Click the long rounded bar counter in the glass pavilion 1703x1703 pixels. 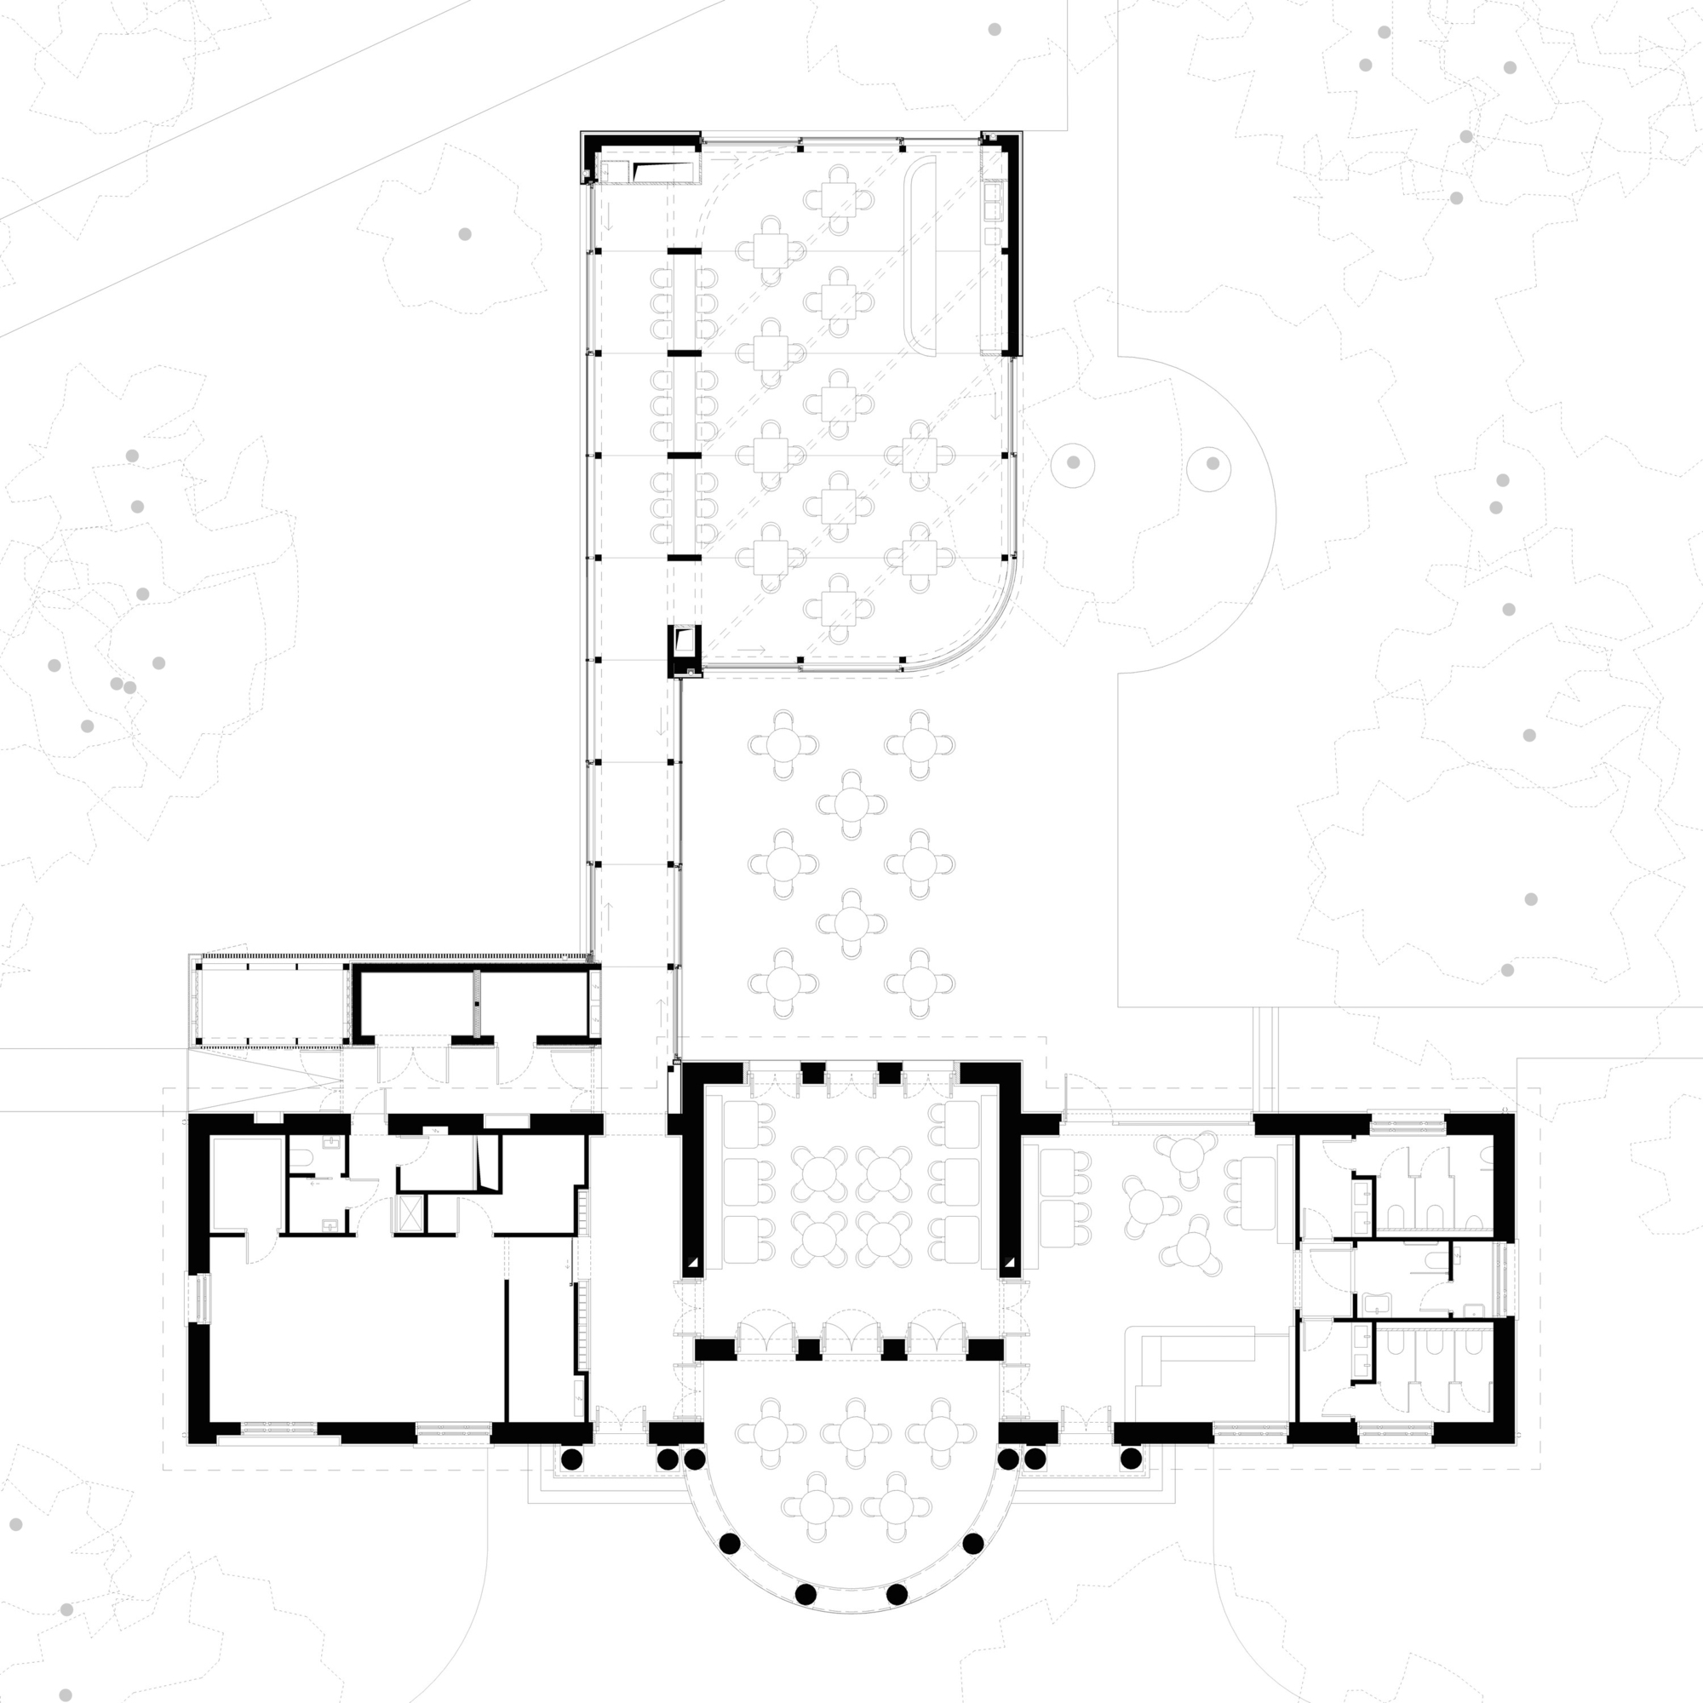(921, 255)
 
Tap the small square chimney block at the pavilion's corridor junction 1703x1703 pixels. (684, 651)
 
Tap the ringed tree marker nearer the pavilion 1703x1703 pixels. (1073, 462)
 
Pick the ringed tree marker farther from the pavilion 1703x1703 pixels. (1213, 462)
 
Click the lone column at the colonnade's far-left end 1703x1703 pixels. (571, 1459)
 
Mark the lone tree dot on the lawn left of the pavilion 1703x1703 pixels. (465, 233)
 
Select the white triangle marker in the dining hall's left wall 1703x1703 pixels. (694, 1263)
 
